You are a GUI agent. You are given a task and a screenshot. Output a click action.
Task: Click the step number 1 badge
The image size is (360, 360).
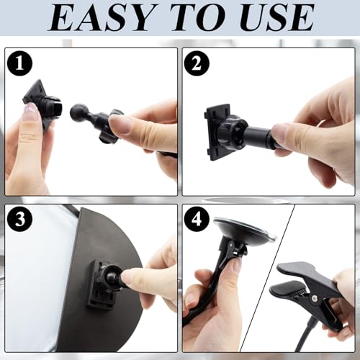point(19,63)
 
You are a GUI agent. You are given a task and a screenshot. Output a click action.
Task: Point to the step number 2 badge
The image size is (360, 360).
point(197,63)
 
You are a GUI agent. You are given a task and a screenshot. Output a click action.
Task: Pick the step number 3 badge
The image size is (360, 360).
point(19,219)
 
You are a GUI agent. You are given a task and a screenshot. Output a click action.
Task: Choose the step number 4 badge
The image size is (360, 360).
point(197,219)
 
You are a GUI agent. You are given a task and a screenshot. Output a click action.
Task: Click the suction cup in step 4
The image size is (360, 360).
point(243,228)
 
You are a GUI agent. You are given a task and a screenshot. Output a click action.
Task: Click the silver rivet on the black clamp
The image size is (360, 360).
point(314,298)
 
